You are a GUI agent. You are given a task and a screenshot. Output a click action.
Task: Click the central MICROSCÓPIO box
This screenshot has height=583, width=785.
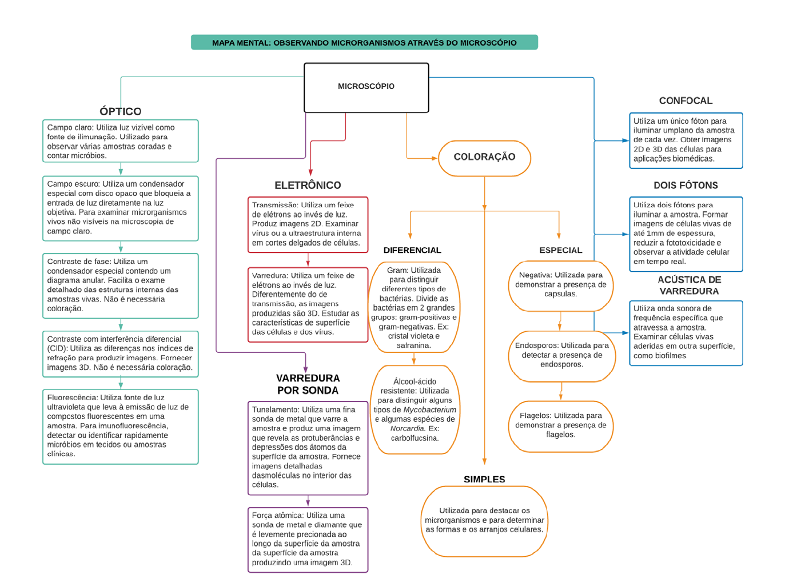366,87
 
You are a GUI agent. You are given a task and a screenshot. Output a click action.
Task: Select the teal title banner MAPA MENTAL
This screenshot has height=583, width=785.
364,42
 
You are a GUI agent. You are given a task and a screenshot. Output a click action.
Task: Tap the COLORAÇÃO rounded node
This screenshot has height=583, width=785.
484,158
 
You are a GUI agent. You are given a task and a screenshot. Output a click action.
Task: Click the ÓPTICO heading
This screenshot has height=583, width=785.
120,111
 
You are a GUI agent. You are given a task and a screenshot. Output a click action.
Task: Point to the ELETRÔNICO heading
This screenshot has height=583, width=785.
308,185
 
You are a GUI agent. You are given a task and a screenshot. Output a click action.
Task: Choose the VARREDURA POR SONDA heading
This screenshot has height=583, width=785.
308,384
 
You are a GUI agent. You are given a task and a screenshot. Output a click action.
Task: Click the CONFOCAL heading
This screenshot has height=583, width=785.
686,100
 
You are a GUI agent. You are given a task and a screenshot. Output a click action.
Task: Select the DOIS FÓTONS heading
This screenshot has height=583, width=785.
686,185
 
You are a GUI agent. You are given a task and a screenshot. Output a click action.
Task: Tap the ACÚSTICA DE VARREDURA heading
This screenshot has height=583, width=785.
689,285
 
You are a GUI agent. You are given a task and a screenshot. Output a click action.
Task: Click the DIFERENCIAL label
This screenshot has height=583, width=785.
412,250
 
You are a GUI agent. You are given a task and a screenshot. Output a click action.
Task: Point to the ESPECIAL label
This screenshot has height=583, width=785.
560,250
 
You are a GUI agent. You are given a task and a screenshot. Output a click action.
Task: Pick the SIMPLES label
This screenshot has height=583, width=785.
484,479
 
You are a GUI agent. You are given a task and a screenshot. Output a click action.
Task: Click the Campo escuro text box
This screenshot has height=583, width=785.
120,208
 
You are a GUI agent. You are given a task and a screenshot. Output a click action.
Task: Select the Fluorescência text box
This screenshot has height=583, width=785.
120,426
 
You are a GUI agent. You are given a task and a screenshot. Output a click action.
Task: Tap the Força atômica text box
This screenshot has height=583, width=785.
308,539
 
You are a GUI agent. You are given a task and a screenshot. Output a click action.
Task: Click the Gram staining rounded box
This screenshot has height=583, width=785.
414,307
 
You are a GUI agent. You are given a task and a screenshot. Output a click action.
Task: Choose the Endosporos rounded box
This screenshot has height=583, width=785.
561,355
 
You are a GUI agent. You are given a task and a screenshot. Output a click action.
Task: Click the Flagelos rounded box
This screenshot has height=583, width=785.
560,425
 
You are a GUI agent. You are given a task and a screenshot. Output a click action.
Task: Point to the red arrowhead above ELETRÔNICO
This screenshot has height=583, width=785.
310,172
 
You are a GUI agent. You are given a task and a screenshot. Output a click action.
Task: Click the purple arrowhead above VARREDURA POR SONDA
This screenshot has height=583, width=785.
306,369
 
